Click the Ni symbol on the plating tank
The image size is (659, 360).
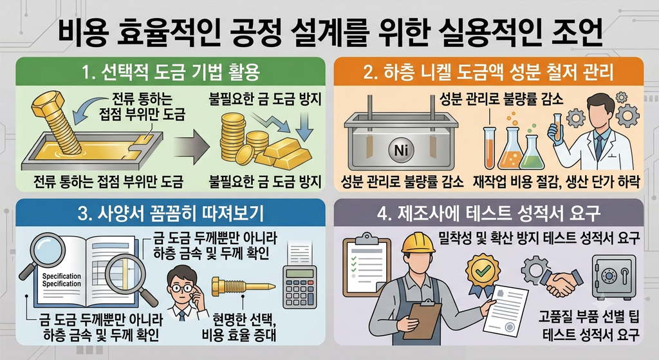tap(402, 149)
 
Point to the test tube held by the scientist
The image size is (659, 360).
tap(557, 127)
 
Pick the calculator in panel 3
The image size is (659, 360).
tap(300, 282)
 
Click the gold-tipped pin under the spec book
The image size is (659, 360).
tap(243, 286)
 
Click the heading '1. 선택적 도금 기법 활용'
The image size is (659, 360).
tap(170, 72)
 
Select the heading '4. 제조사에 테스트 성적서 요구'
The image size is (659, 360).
tap(488, 214)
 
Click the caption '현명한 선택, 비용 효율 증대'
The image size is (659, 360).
tap(239, 327)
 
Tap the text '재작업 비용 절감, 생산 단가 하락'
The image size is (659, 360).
tap(556, 182)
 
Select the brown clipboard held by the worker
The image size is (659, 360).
tap(425, 319)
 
